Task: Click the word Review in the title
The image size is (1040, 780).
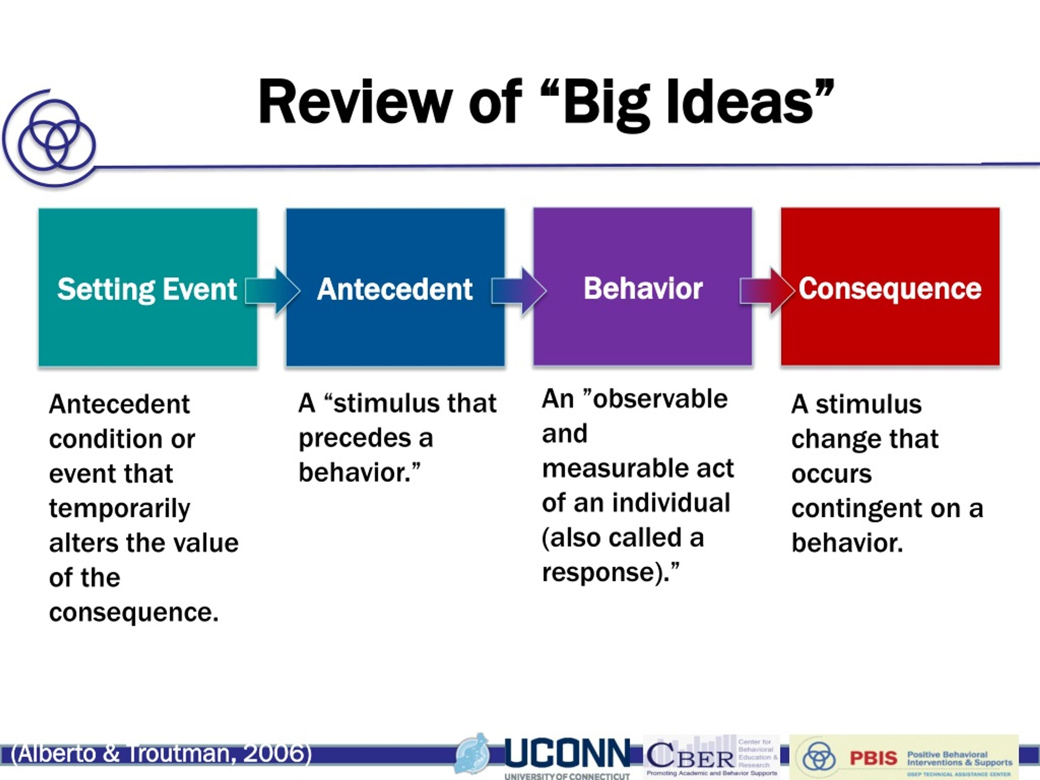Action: coord(355,102)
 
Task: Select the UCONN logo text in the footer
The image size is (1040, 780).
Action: coord(567,753)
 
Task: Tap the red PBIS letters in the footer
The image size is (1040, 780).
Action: coord(873,758)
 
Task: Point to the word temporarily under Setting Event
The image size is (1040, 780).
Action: coord(119,509)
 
